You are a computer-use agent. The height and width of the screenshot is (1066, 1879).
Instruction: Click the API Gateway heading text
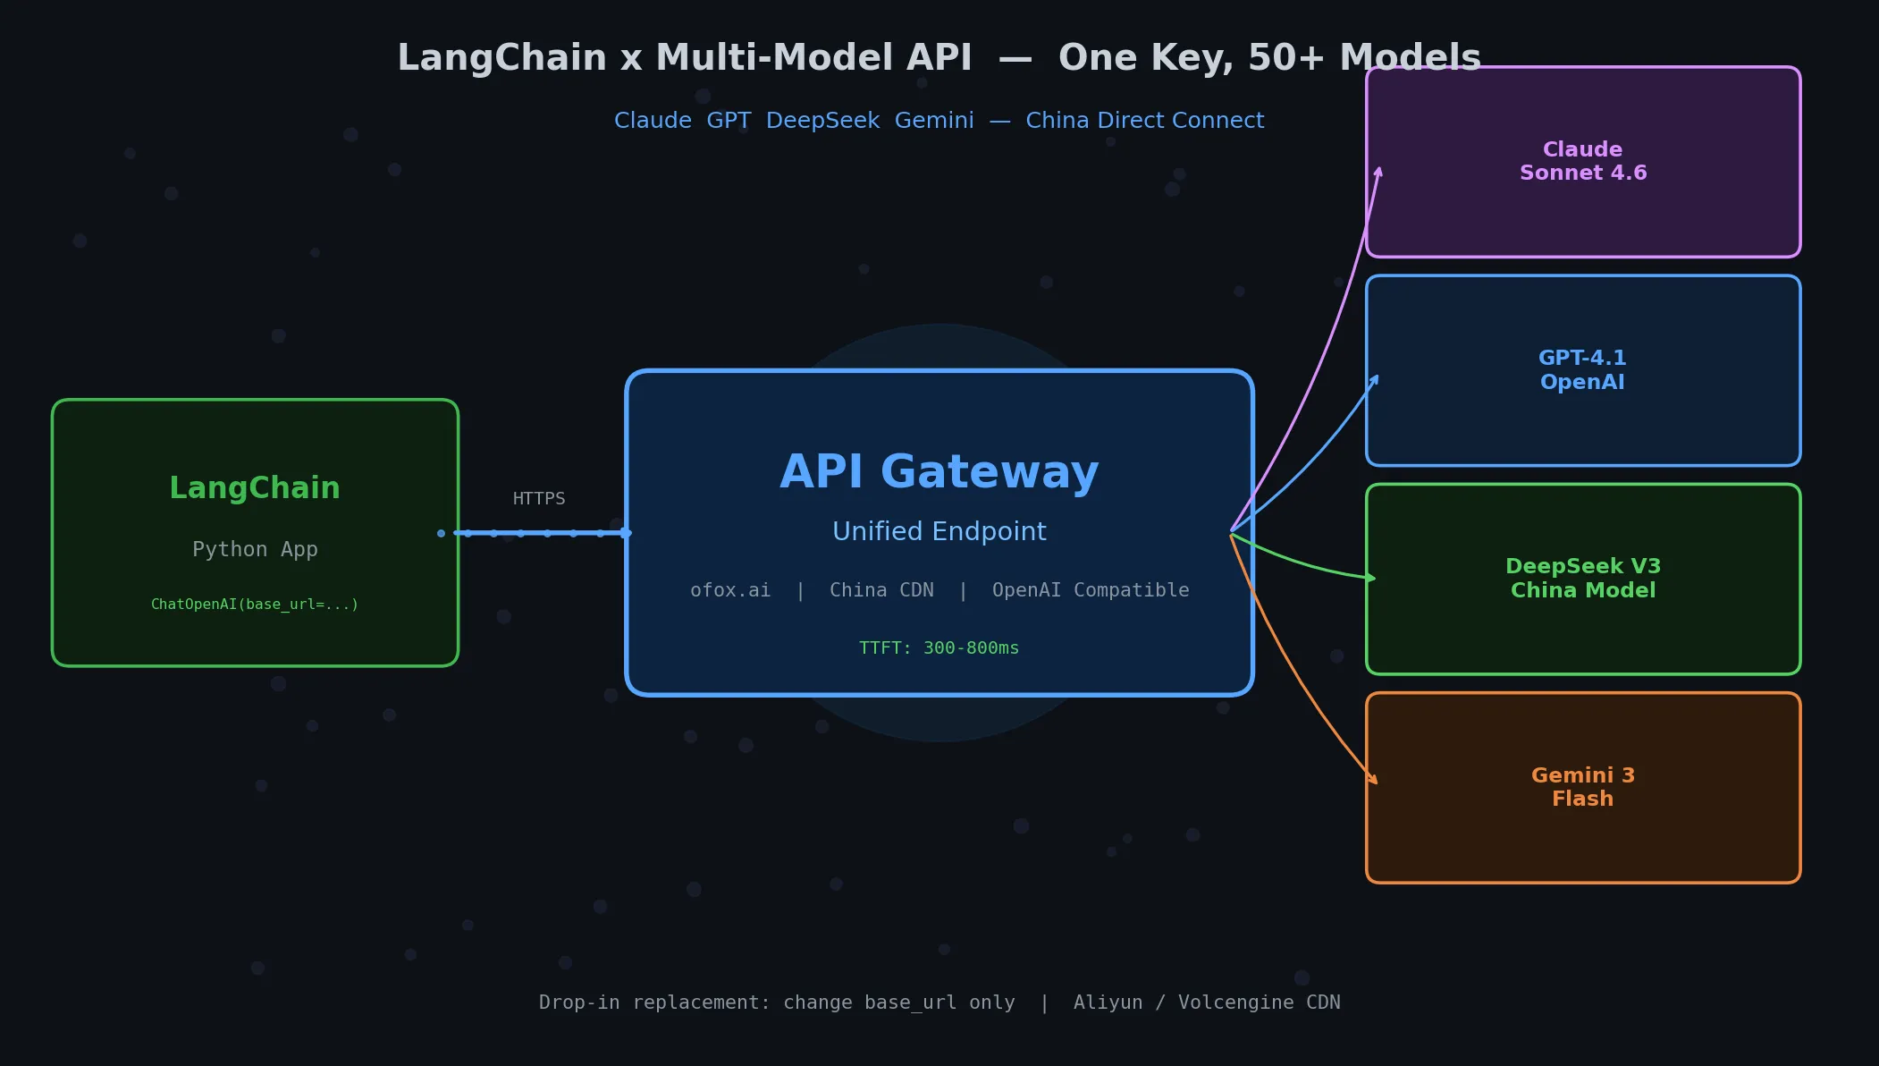(x=939, y=472)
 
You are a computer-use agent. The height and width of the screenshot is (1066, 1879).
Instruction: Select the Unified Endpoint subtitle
(x=939, y=531)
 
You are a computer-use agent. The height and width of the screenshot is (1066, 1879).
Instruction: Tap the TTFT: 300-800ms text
(x=939, y=647)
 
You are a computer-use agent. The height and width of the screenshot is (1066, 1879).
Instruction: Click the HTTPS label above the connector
(x=538, y=498)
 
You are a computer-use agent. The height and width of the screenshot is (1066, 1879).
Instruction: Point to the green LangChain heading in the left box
(x=255, y=488)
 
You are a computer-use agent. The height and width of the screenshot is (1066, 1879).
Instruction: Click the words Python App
(x=255, y=549)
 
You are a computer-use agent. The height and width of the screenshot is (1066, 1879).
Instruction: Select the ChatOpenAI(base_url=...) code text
(x=255, y=605)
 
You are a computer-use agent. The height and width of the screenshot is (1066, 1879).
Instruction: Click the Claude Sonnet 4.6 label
(x=1582, y=161)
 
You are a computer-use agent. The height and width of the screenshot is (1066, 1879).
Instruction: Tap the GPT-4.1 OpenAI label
(x=1582, y=369)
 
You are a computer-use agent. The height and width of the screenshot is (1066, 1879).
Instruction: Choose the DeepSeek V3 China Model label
(x=1582, y=578)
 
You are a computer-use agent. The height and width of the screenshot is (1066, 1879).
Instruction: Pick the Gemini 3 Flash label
(x=1582, y=787)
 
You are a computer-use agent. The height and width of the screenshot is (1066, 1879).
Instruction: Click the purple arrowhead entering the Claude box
(x=1379, y=171)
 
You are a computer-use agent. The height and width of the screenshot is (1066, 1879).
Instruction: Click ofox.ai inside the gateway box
(x=729, y=590)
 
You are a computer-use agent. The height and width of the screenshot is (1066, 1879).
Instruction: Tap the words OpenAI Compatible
(x=1090, y=590)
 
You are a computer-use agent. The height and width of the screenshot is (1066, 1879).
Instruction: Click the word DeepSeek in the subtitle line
(x=822, y=121)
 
